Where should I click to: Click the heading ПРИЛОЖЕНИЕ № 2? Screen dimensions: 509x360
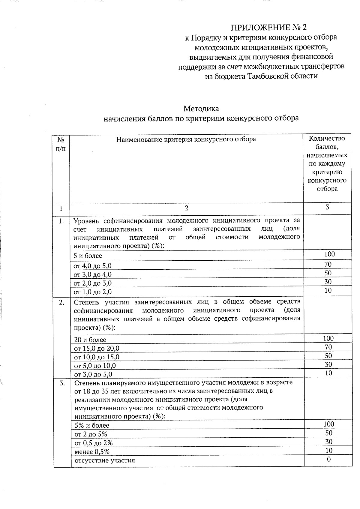pos(269,28)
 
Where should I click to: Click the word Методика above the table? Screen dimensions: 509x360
pos(201,108)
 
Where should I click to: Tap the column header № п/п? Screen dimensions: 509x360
pos(61,144)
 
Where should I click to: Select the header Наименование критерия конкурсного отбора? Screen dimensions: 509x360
pos(186,139)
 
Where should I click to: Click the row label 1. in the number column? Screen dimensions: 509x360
pos(61,221)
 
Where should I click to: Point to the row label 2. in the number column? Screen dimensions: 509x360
pos(61,302)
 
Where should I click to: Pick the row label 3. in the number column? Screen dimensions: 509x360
pos(62,383)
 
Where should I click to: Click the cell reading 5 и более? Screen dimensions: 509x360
pos(88,256)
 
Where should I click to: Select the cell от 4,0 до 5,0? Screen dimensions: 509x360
pos(93,266)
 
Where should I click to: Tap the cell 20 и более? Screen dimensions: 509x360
pos(90,340)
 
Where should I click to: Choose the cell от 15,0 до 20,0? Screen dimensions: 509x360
pos(97,349)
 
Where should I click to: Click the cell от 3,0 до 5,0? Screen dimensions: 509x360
pos(93,374)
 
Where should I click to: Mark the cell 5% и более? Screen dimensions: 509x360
pos(92,425)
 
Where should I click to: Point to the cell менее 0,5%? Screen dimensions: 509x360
pos(92,452)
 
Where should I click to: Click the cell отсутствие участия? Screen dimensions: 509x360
pos(105,460)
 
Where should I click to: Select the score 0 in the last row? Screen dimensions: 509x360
pos(328,459)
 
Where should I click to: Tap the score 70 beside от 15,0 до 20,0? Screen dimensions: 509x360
pos(328,347)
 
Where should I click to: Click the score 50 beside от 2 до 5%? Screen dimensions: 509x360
pos(328,433)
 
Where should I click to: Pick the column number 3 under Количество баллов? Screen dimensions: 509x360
pos(327,207)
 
